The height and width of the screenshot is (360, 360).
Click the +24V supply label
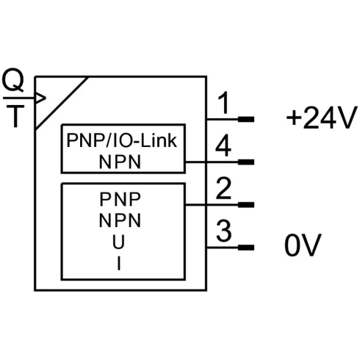click(x=320, y=118)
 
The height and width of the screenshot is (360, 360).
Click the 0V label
click(x=303, y=247)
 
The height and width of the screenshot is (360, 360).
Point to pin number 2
click(x=224, y=190)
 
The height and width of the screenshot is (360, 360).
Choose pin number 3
click(x=224, y=232)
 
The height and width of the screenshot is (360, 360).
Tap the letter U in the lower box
click(x=119, y=241)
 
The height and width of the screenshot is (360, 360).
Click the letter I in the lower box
click(x=119, y=263)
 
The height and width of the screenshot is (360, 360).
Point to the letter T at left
click(x=14, y=117)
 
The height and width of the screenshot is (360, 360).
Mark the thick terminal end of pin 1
click(x=245, y=118)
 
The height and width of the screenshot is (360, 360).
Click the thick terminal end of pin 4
click(x=245, y=162)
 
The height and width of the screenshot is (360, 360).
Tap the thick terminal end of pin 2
click(x=245, y=204)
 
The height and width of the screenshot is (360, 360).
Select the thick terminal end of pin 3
click(x=245, y=248)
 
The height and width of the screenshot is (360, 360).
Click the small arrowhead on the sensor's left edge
click(x=41, y=98)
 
